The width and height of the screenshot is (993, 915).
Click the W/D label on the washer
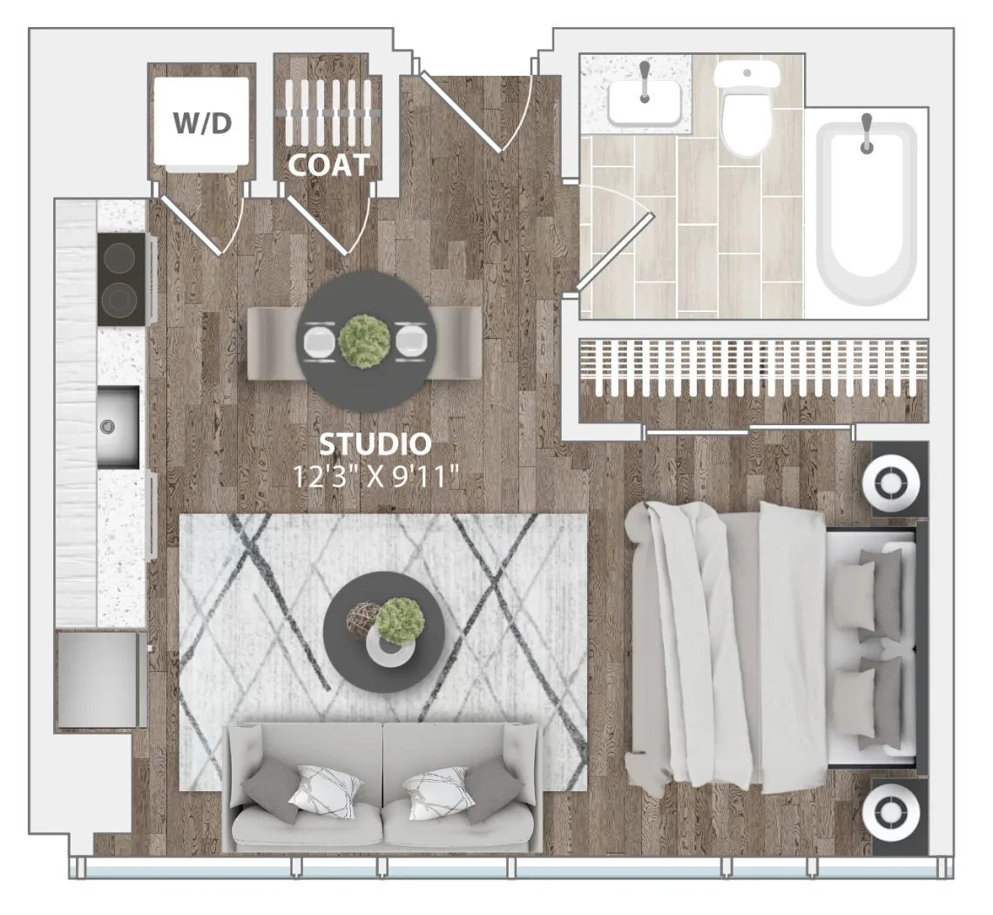[203, 123]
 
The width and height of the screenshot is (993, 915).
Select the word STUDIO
[375, 444]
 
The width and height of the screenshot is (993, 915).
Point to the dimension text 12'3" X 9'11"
[375, 477]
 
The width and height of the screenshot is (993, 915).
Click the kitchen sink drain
[107, 427]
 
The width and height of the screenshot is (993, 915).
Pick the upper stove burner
[119, 257]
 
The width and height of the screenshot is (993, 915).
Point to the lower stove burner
[119, 300]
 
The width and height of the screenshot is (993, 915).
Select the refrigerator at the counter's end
[98, 681]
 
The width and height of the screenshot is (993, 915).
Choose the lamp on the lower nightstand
[889, 814]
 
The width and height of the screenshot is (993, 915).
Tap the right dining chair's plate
[411, 341]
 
